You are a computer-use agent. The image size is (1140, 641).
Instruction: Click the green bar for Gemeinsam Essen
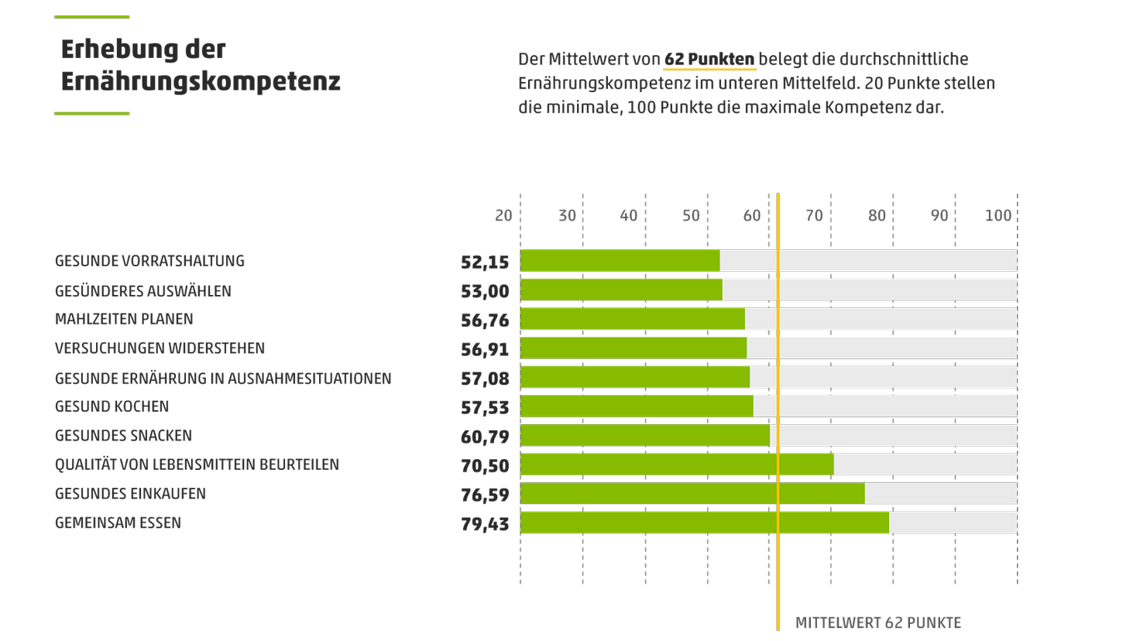(x=704, y=523)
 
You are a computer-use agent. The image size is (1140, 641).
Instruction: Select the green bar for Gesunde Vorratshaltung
(x=620, y=261)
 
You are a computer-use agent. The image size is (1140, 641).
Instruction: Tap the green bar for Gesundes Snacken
(x=644, y=436)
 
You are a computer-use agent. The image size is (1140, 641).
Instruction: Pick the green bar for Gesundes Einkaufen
(x=692, y=494)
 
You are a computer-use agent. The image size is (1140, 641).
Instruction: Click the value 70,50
(x=485, y=466)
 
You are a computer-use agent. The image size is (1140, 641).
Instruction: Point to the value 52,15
(x=485, y=262)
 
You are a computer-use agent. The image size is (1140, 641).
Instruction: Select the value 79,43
(x=485, y=524)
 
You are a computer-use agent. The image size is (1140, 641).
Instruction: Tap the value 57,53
(x=485, y=408)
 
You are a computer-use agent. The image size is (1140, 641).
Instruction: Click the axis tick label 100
(x=998, y=216)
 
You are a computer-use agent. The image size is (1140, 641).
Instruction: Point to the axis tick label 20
(x=503, y=216)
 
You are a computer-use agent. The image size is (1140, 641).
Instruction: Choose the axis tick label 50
(x=691, y=216)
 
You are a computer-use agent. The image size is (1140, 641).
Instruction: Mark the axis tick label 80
(x=877, y=216)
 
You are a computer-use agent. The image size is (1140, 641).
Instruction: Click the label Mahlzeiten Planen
(x=124, y=319)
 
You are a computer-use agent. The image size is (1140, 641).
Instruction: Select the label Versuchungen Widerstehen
(x=160, y=348)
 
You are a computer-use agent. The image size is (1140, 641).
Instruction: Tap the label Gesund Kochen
(x=112, y=406)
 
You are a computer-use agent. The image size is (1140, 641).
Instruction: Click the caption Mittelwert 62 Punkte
(x=877, y=622)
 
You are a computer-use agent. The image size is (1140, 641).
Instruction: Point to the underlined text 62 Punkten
(x=709, y=60)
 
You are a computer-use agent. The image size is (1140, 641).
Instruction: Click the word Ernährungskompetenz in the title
(x=201, y=81)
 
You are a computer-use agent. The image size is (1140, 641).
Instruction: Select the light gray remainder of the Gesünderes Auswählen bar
(x=869, y=290)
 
